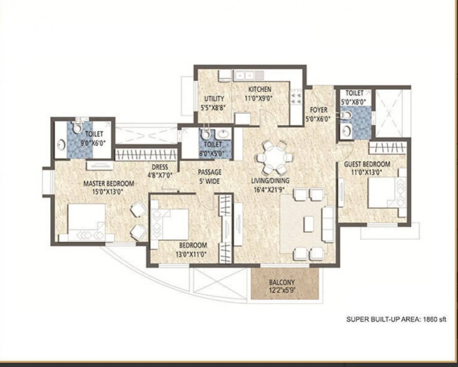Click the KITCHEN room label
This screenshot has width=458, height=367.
pyautogui.click(x=260, y=89)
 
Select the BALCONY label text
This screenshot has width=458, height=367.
pyautogui.click(x=282, y=282)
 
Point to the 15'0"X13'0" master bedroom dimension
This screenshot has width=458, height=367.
pyautogui.click(x=108, y=192)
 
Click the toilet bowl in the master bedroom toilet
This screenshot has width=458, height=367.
pyautogui.click(x=77, y=127)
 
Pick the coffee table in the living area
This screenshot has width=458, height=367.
pyautogui.click(x=308, y=224)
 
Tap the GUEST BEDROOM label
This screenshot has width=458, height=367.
pyautogui.click(x=367, y=164)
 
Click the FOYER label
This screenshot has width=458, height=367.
pyautogui.click(x=318, y=110)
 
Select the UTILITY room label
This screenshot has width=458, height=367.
pyautogui.click(x=214, y=99)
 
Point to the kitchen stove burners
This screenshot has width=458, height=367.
pyautogui.click(x=296, y=97)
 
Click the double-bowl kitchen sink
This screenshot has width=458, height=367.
pyautogui.click(x=244, y=76)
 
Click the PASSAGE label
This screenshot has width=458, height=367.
pyautogui.click(x=210, y=172)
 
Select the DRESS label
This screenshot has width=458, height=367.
pyautogui.click(x=160, y=167)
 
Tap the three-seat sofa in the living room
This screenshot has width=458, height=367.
pyautogui.click(x=328, y=224)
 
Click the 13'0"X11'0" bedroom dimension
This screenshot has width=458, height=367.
pyautogui.click(x=191, y=254)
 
